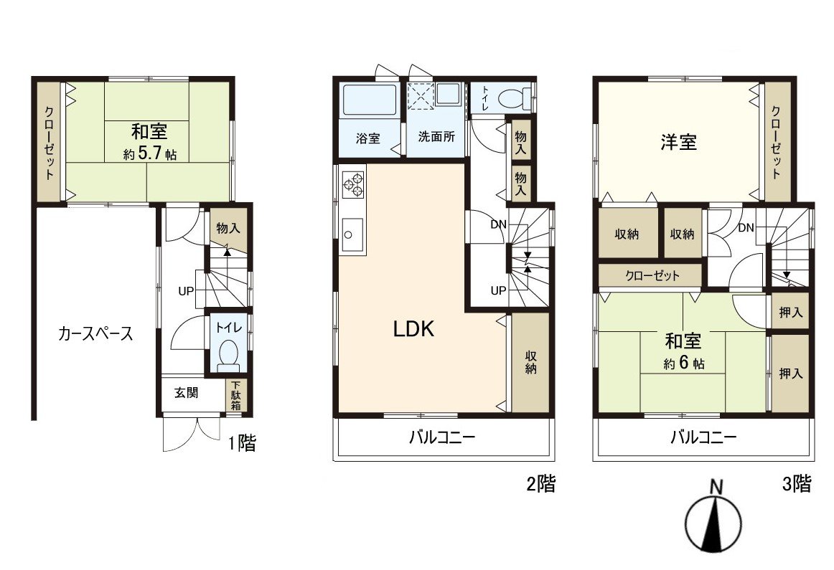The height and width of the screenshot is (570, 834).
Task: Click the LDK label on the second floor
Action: tap(414, 329)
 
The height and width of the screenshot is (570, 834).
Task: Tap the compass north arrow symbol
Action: tap(715, 521)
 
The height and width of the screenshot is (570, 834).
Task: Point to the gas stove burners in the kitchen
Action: tap(352, 184)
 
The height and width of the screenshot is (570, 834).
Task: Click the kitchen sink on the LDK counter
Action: tap(349, 234)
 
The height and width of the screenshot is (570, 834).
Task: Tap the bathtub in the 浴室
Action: tap(369, 100)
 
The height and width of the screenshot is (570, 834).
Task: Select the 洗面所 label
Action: tap(436, 138)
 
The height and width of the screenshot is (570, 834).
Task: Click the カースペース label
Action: tap(95, 333)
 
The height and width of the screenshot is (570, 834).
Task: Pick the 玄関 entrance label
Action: tap(186, 393)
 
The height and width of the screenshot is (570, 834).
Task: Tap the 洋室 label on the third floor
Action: tap(678, 142)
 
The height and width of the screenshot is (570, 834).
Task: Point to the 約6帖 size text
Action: tap(683, 363)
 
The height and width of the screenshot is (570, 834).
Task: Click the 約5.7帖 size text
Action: tap(150, 153)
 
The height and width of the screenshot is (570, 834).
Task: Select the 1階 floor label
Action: tap(241, 444)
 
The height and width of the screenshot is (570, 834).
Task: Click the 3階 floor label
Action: tap(797, 484)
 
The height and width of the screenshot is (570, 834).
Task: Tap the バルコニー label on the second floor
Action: tap(442, 437)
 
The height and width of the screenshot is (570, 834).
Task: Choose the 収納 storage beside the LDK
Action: tap(531, 362)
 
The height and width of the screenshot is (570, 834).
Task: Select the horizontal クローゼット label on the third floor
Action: tap(652, 275)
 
